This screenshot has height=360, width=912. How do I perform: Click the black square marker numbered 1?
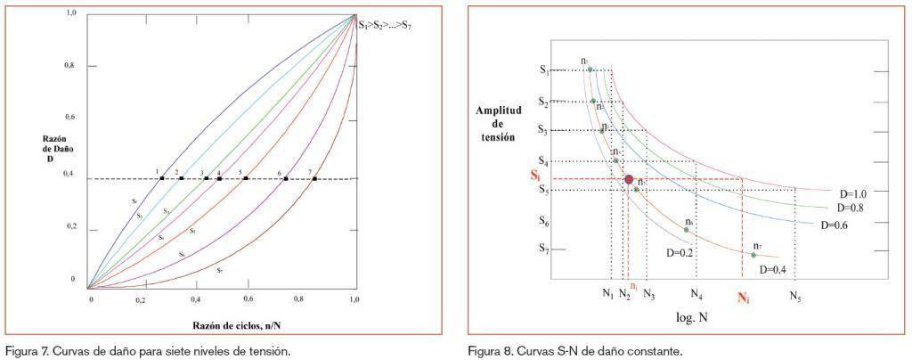(x=161, y=178)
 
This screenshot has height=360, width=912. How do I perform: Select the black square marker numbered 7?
(x=314, y=178)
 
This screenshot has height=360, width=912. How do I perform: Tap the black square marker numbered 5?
(x=246, y=178)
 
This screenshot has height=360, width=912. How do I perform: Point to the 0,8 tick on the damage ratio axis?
(x=71, y=66)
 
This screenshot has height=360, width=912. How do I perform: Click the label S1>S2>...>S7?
(x=385, y=25)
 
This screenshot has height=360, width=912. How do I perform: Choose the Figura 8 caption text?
(x=575, y=350)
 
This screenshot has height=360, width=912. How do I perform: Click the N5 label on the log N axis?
(x=794, y=295)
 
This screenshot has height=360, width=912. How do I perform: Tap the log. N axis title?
(x=691, y=316)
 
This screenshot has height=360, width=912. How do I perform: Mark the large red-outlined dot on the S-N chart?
(x=629, y=180)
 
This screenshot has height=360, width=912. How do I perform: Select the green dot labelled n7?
(x=753, y=255)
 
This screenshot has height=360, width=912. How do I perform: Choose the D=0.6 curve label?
(x=835, y=225)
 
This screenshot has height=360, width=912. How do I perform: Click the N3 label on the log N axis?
(x=648, y=294)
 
